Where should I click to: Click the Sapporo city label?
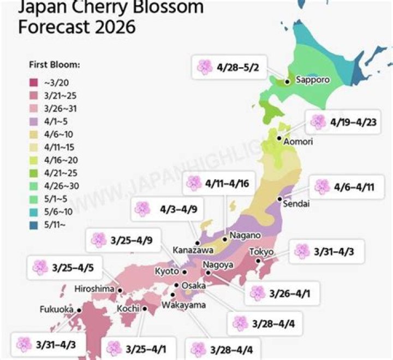(x=312, y=80)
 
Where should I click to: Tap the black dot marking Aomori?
(x=279, y=139)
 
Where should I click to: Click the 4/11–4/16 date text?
(x=227, y=184)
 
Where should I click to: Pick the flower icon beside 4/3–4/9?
(x=142, y=209)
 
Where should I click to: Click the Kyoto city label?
(x=167, y=271)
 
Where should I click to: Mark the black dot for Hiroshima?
(x=120, y=291)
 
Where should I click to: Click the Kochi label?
(x=129, y=309)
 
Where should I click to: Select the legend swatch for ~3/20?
(x=33, y=82)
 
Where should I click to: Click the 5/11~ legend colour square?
(x=33, y=223)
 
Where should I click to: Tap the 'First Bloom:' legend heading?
(x=54, y=64)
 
